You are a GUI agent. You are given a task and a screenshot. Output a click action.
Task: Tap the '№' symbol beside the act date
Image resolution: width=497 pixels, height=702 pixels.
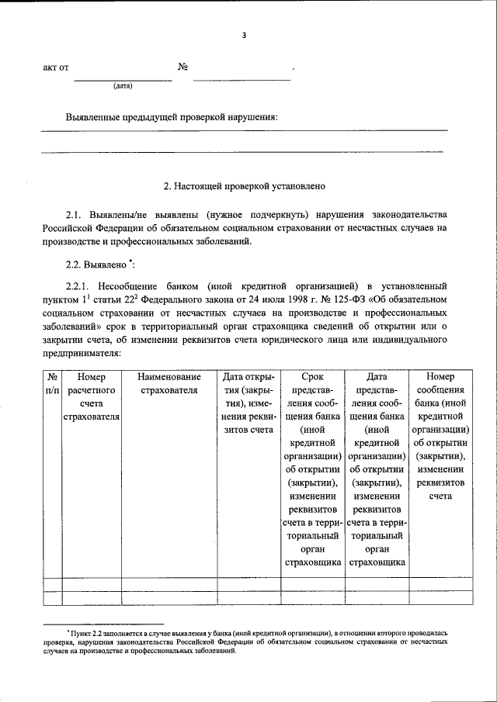point(184,67)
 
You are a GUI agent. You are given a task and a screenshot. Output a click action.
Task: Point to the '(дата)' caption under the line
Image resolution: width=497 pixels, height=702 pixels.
point(123,85)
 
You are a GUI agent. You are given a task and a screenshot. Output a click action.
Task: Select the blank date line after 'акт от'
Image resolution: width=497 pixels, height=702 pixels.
point(123,79)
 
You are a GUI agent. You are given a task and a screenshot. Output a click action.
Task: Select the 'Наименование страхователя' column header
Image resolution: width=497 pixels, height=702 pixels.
point(169,384)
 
